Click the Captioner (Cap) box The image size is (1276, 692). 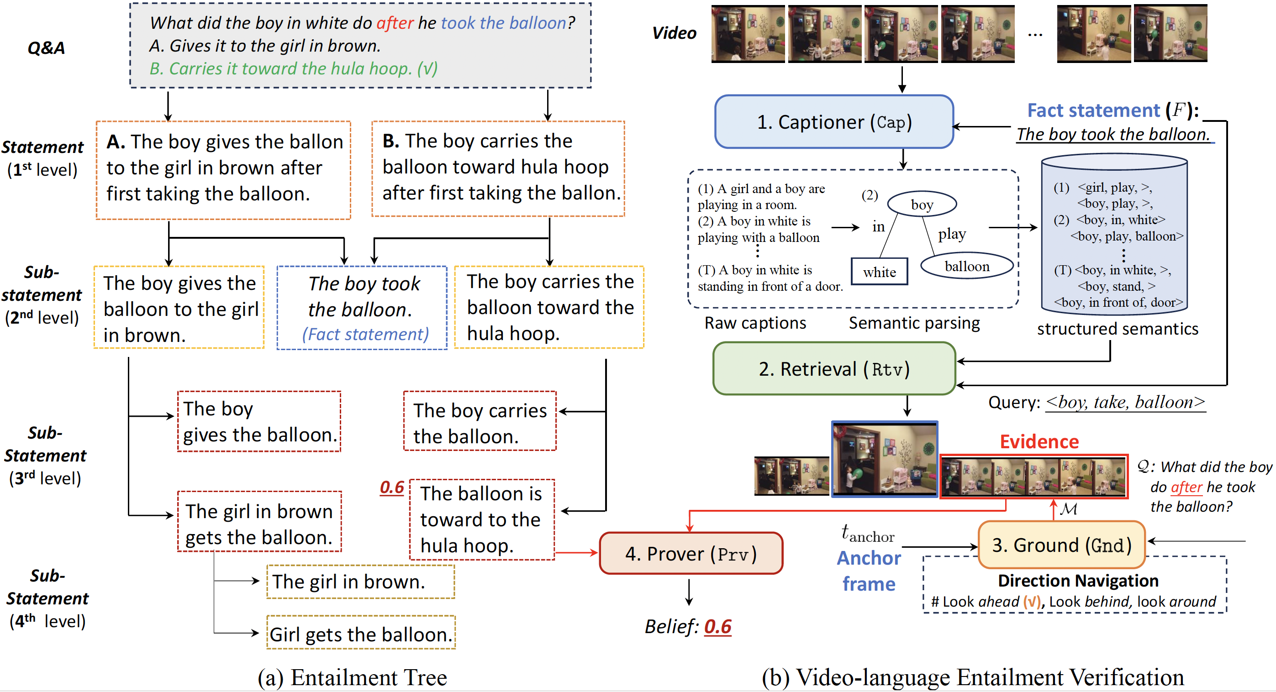pyautogui.click(x=833, y=122)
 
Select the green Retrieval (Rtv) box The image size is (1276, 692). pyautogui.click(x=833, y=369)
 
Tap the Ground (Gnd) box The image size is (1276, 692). pyautogui.click(x=1061, y=545)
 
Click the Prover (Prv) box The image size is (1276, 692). pyautogui.click(x=691, y=553)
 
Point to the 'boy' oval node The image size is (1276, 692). pyautogui.click(x=921, y=204)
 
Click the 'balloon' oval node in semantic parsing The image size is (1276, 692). pyautogui.click(x=966, y=266)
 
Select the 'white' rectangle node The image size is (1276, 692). pyautogui.click(x=879, y=272)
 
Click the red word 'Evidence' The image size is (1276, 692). pyautogui.click(x=1039, y=441)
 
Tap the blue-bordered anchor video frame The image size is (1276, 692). pyautogui.click(x=884, y=459)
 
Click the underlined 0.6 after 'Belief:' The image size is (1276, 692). pyautogui.click(x=718, y=627)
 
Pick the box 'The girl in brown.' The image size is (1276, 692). pyautogui.click(x=360, y=582)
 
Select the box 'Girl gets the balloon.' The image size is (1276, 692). pyautogui.click(x=361, y=634)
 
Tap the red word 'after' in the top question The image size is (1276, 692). pyautogui.click(x=395, y=23)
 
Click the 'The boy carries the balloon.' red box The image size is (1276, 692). pyautogui.click(x=480, y=422)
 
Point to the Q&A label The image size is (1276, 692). pyautogui.click(x=46, y=48)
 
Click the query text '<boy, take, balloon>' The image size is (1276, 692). pyautogui.click(x=1125, y=402)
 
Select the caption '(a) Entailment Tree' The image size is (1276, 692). pyautogui.click(x=352, y=677)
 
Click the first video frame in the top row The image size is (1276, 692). pyautogui.click(x=748, y=34)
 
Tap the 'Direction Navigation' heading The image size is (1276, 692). pyautogui.click(x=1077, y=581)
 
